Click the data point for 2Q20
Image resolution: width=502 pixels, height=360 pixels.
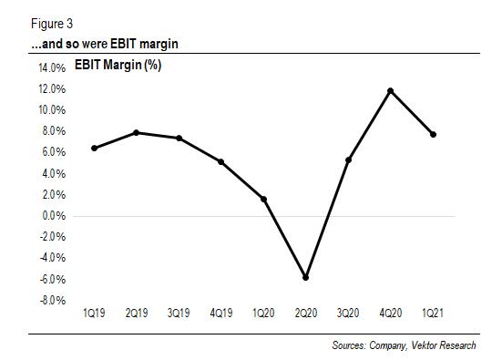pyautogui.click(x=306, y=278)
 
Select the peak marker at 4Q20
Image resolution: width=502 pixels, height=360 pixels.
pyautogui.click(x=391, y=91)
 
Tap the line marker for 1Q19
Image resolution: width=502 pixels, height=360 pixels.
pyautogui.click(x=94, y=148)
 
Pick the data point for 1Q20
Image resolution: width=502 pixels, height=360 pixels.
pyautogui.click(x=264, y=199)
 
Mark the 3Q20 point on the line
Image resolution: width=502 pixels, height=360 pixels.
pyautogui.click(x=349, y=159)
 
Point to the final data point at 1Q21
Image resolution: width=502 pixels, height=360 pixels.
pyautogui.click(x=433, y=135)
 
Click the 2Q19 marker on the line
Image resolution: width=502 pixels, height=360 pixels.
pyautogui.click(x=137, y=133)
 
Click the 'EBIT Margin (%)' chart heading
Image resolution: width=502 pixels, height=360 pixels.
pyautogui.click(x=114, y=67)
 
